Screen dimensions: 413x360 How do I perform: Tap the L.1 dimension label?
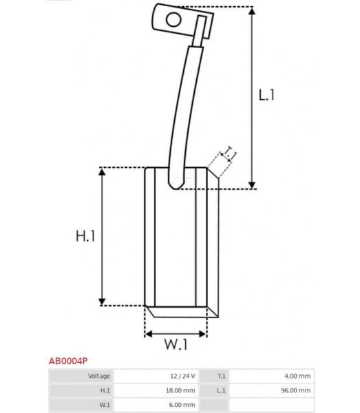[266, 96]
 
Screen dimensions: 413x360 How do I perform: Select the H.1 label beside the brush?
[85, 236]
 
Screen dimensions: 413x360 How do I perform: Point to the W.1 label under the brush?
[176, 346]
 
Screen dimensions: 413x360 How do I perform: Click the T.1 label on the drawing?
[229, 156]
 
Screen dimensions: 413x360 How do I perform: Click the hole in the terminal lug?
[172, 20]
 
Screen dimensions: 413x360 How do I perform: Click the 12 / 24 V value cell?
[183, 376]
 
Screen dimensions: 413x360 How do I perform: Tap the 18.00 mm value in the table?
[180, 390]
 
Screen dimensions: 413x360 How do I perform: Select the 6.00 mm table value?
[182, 405]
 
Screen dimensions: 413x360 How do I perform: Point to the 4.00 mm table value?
[297, 376]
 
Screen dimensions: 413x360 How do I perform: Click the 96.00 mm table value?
[296, 390]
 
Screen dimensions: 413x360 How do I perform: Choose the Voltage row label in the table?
[99, 376]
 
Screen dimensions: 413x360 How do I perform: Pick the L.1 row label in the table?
[221, 390]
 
